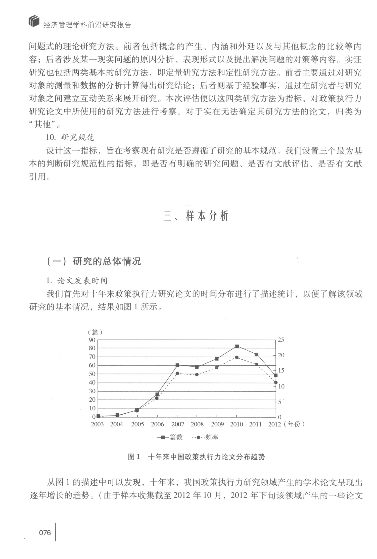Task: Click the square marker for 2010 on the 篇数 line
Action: [237, 346]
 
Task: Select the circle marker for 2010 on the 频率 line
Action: [237, 357]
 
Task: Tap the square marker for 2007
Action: [177, 365]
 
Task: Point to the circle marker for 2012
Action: [276, 382]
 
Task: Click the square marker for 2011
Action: [256, 355]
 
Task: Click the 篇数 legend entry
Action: [170, 437]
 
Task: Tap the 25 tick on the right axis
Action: [281, 340]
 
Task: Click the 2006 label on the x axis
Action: [157, 424]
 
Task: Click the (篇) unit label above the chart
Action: [95, 332]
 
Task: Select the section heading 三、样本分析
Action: [196, 216]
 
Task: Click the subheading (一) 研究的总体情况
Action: [94, 261]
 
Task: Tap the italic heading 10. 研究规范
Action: [70, 137]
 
